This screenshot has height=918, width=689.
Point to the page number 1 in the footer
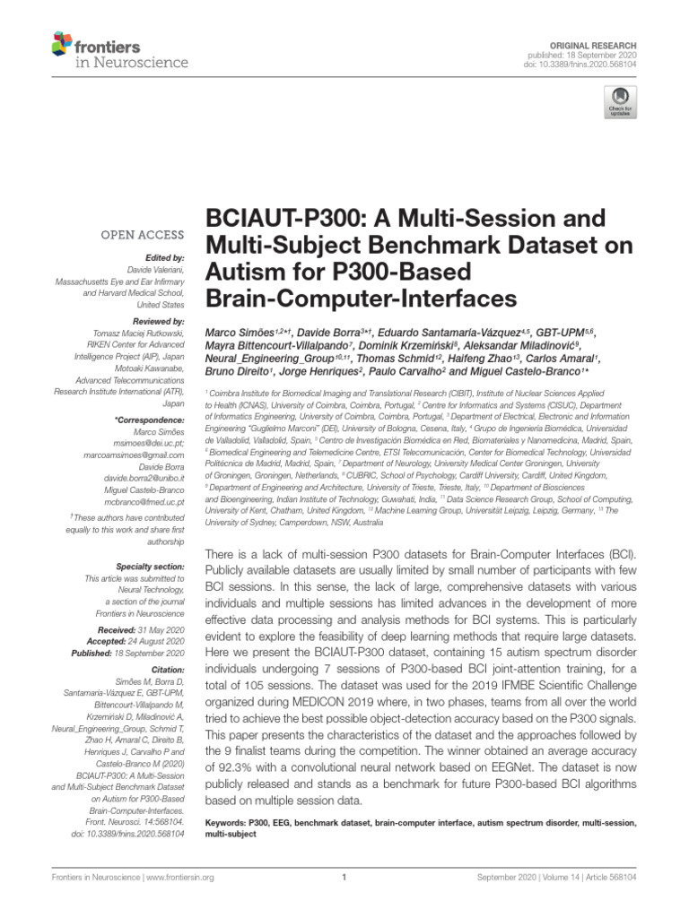[344, 878]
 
